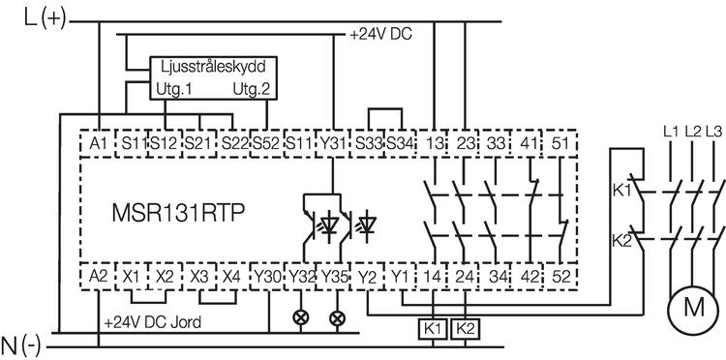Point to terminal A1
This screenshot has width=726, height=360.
pyautogui.click(x=98, y=143)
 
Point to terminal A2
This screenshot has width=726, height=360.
pyautogui.click(x=98, y=276)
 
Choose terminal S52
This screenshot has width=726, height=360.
pyautogui.click(x=266, y=143)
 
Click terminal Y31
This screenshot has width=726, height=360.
pyautogui.click(x=332, y=143)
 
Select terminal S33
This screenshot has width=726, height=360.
pyautogui.click(x=367, y=143)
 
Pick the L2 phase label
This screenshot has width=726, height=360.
pyautogui.click(x=692, y=130)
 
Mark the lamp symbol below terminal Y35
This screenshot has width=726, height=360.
pyautogui.click(x=337, y=316)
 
